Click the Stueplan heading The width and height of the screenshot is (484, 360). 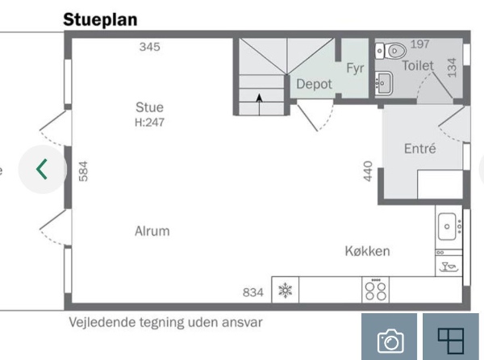click(x=100, y=20)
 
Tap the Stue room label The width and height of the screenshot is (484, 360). click(x=149, y=107)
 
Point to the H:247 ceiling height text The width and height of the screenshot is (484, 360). click(x=149, y=123)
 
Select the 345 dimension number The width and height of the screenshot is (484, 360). click(x=150, y=47)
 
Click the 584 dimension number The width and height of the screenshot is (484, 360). click(x=83, y=171)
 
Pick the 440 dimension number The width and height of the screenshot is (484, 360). click(x=368, y=171)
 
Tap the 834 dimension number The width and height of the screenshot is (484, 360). click(x=253, y=292)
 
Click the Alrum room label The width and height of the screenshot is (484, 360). click(x=152, y=231)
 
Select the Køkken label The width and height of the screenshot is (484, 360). click(x=367, y=251)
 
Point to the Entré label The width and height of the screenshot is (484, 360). click(x=420, y=149)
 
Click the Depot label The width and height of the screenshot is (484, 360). click(x=315, y=84)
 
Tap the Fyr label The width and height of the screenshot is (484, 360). click(x=355, y=69)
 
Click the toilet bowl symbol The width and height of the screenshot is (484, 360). click(x=390, y=51)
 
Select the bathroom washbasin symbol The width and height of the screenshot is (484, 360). click(x=384, y=83)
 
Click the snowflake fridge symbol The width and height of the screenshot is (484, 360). click(x=286, y=291)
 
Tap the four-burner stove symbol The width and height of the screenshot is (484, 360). click(x=375, y=290)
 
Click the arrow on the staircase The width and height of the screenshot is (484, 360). click(x=259, y=104)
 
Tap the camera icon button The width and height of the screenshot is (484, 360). click(x=390, y=341)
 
